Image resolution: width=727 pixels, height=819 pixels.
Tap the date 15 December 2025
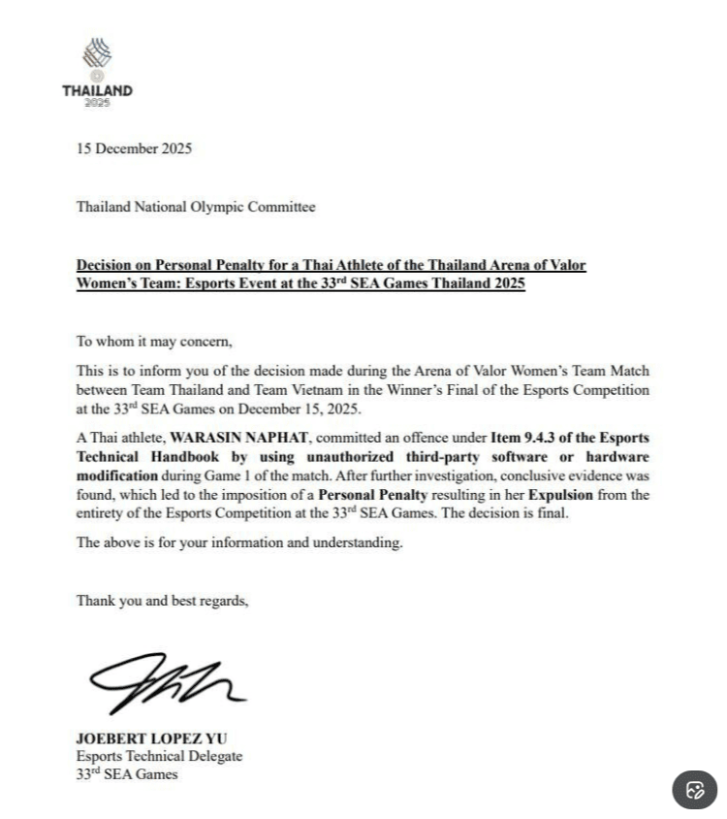pos(134,148)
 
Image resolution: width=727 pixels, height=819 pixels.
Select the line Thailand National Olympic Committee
pos(196,207)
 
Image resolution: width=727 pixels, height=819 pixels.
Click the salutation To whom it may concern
pos(154,342)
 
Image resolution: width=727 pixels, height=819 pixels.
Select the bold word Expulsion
pos(560,495)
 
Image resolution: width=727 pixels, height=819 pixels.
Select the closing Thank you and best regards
pos(162,601)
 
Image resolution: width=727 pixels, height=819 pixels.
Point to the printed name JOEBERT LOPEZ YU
pos(152,738)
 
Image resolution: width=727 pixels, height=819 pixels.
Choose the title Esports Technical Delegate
pos(159,757)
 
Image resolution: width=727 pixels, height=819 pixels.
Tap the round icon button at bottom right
pos(695,789)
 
